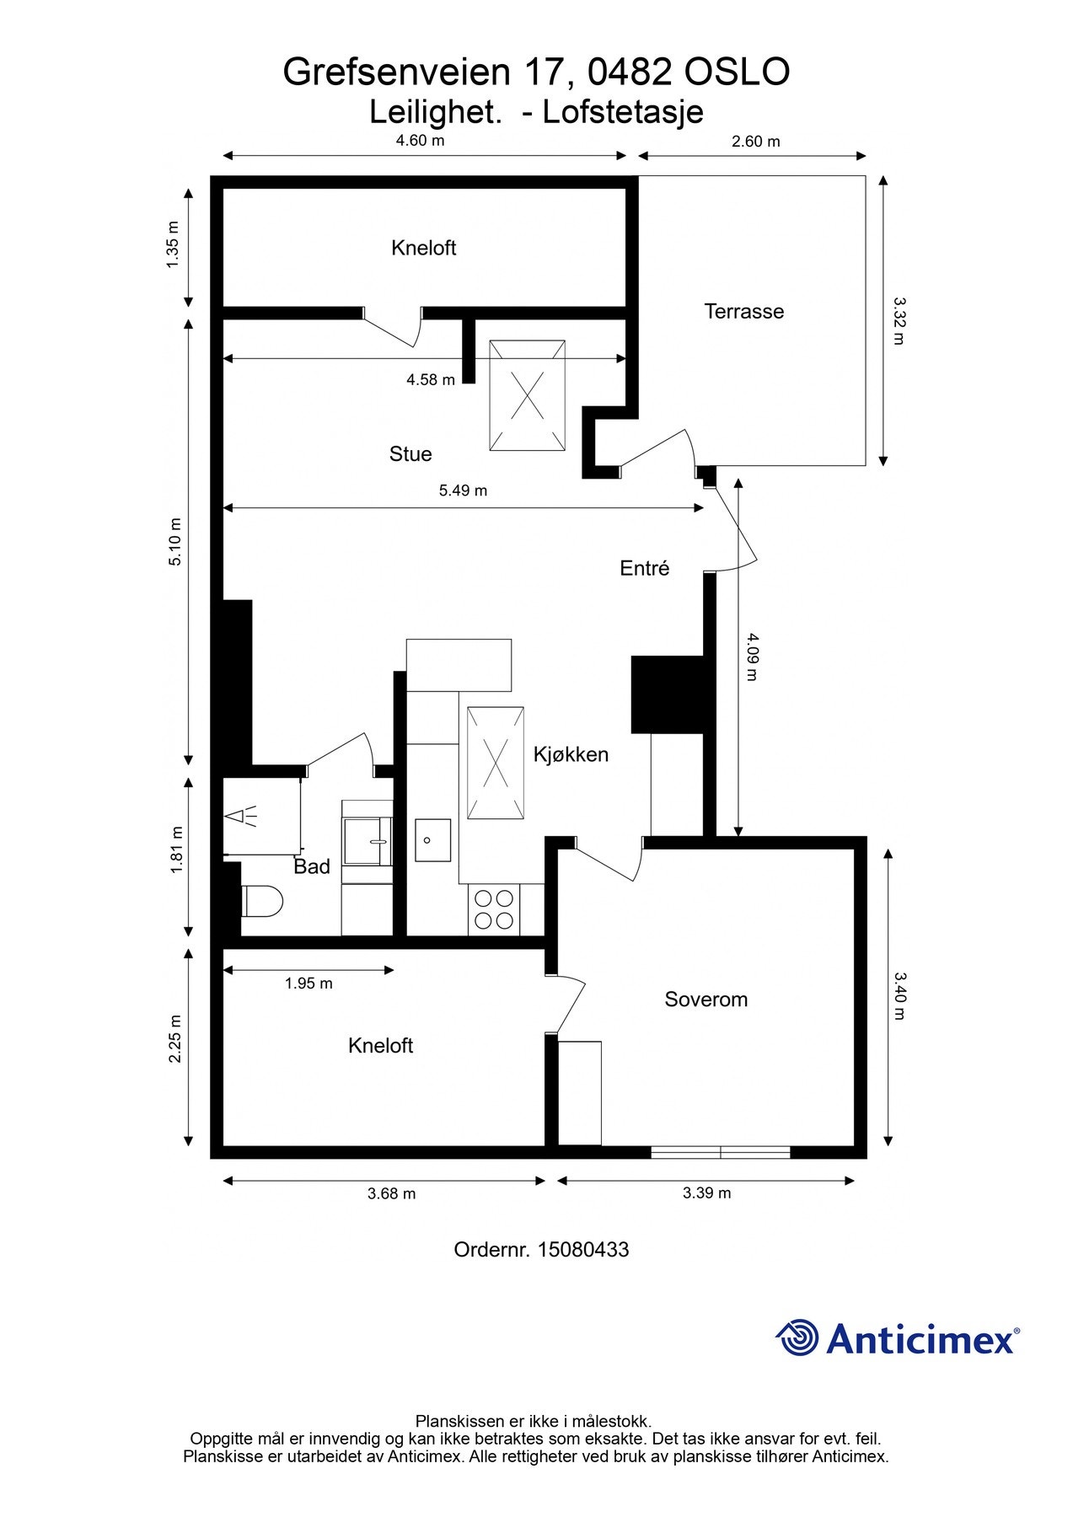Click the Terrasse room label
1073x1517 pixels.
coord(743,311)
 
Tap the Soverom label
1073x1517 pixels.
coord(705,1000)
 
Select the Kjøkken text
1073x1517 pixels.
coord(571,754)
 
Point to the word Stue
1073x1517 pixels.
coord(410,454)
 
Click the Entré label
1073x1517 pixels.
coord(644,568)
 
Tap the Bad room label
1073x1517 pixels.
coord(311,866)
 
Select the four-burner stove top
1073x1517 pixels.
coord(494,909)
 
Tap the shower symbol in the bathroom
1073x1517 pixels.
coord(243,817)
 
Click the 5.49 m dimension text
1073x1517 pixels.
coord(463,490)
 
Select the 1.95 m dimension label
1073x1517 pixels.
coord(308,984)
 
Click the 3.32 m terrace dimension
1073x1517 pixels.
coord(899,320)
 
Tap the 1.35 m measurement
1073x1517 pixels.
coord(173,244)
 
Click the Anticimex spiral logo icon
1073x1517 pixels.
coord(797,1338)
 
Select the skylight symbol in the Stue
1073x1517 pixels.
coord(528,395)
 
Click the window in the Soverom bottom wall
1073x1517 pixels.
coord(721,1151)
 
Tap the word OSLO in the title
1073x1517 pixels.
coord(736,72)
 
